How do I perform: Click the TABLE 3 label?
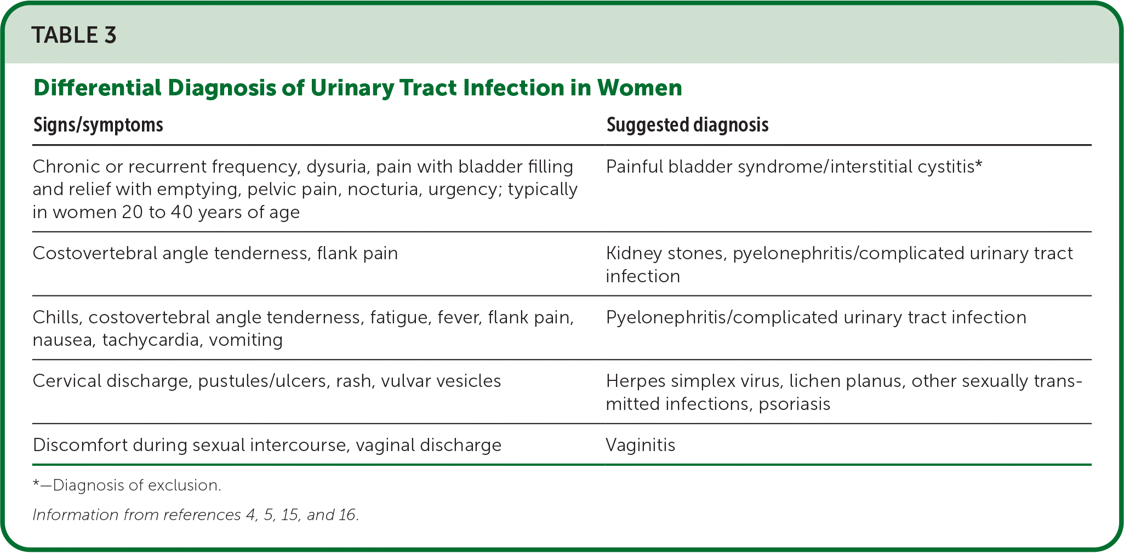(74, 36)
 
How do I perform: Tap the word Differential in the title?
(98, 88)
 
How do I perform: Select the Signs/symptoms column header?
(98, 125)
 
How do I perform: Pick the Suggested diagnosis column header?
(687, 125)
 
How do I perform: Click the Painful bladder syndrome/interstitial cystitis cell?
(794, 167)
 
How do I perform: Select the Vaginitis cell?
(641, 444)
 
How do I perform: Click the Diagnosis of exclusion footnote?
(127, 486)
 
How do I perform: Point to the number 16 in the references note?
(347, 515)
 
